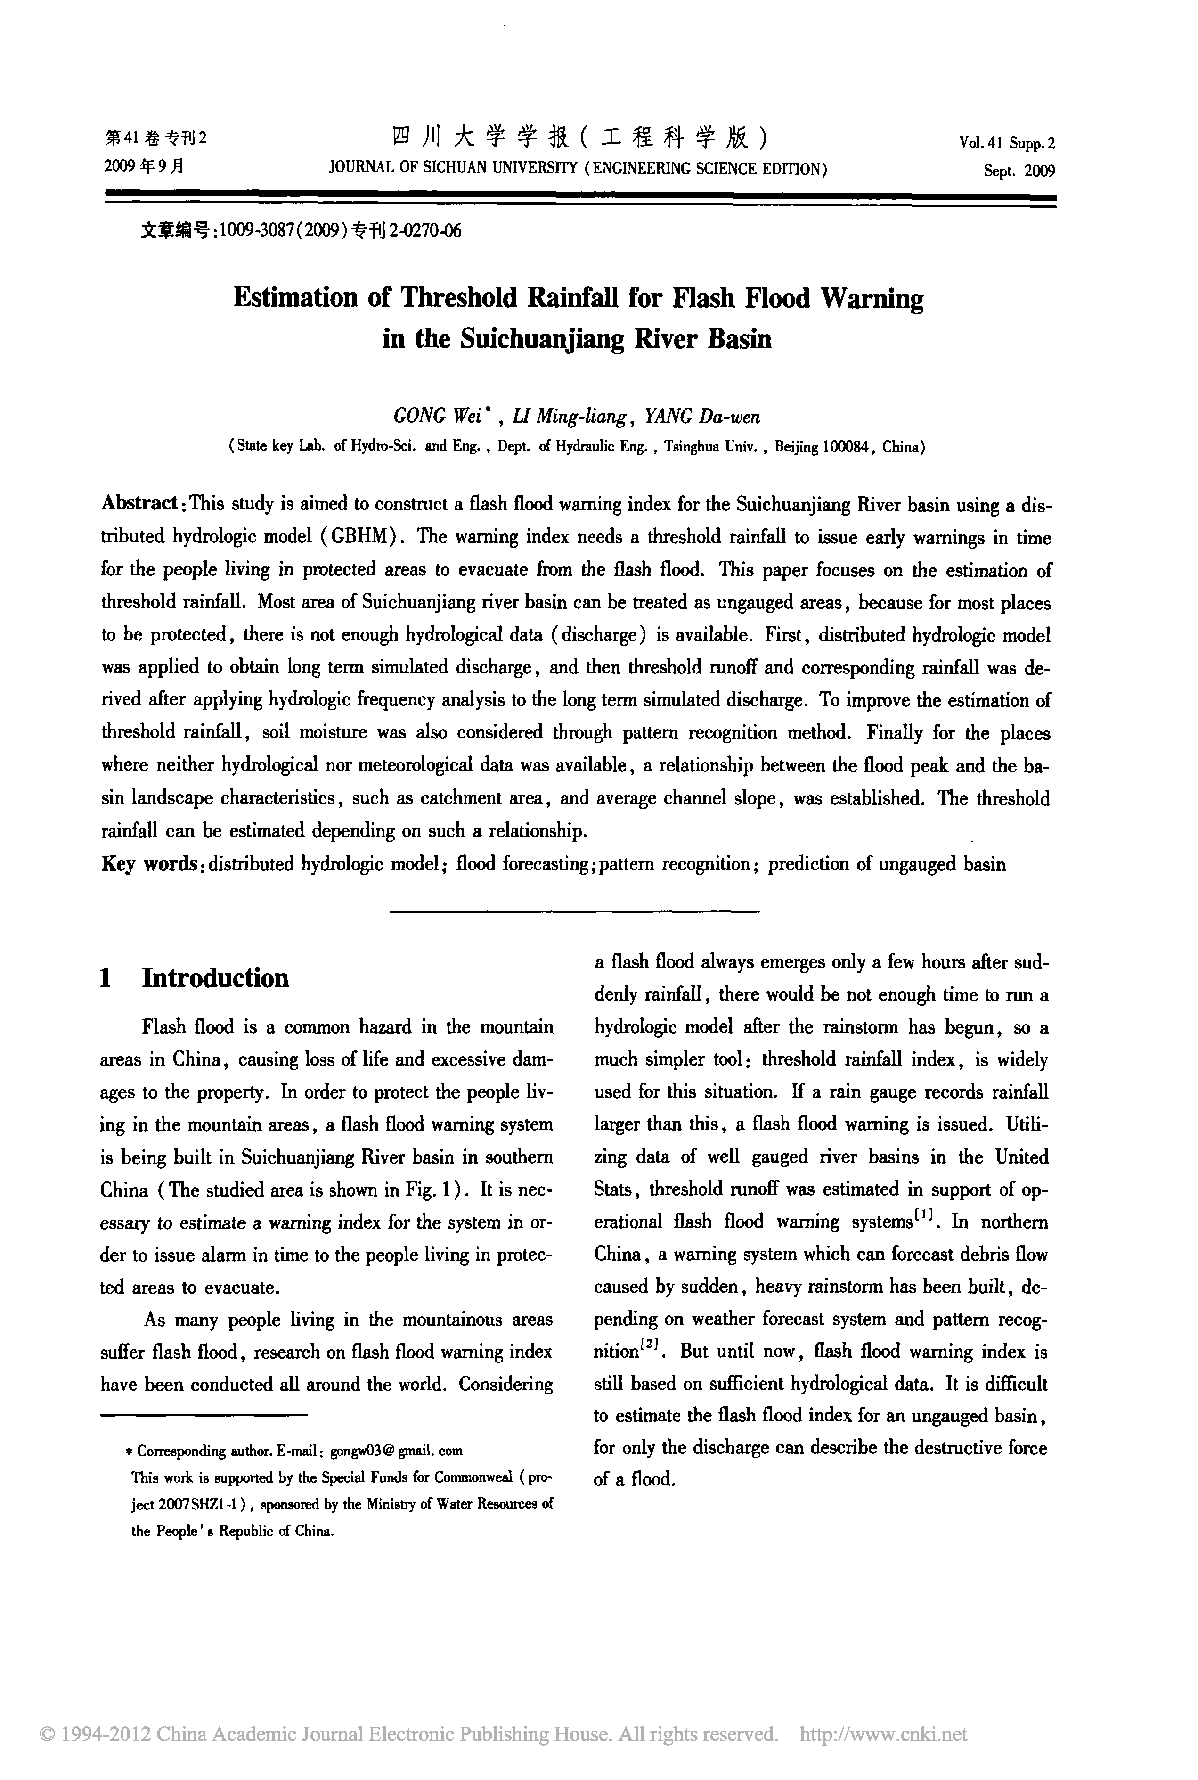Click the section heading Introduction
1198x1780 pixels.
tap(215, 978)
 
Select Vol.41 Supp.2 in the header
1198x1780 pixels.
tap(1007, 143)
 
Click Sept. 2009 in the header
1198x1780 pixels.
tap(1019, 171)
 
